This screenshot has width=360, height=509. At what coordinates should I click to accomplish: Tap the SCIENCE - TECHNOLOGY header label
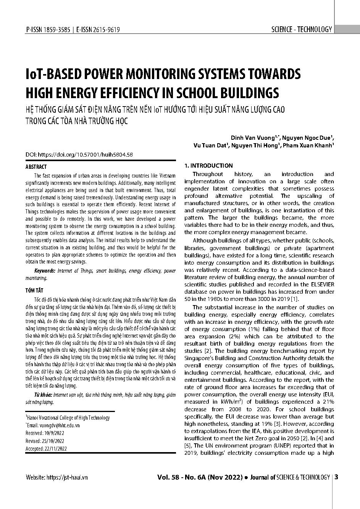[302, 29]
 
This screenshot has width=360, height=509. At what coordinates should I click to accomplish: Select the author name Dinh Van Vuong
[252, 137]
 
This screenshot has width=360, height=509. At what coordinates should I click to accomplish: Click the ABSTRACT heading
[36, 167]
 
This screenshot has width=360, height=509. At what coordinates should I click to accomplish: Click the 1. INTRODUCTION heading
[208, 166]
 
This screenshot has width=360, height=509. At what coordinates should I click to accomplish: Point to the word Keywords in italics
[45, 271]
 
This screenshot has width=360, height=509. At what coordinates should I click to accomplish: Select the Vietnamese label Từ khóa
[42, 394]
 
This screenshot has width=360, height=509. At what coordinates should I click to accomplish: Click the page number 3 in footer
[336, 477]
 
